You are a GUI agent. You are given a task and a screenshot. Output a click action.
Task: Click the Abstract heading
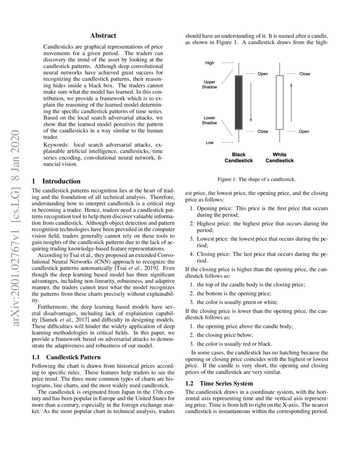[x=103, y=36]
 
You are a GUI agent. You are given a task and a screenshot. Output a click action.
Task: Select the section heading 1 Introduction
[x=56, y=181]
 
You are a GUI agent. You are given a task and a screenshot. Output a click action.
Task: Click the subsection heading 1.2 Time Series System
[x=219, y=383]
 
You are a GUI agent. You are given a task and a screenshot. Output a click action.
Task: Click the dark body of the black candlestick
[x=238, y=102]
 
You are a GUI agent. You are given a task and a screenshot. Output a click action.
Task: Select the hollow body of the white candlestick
[x=280, y=102]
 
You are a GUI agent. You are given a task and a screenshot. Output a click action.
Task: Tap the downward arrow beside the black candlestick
[x=251, y=102]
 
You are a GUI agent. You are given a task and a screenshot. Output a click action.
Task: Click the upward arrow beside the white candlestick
[x=291, y=102]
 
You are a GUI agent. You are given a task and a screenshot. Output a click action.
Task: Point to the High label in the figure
[x=210, y=63]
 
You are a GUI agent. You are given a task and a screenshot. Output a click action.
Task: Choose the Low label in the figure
[x=210, y=143]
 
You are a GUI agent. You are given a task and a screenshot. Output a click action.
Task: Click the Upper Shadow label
[x=210, y=84]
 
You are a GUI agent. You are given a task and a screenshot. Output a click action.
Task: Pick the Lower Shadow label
[x=210, y=120]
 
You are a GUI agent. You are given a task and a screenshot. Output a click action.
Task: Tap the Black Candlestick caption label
[x=238, y=158]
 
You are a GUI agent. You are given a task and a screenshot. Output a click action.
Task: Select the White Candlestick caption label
[x=280, y=158]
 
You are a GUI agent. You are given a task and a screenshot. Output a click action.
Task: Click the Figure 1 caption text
[x=257, y=180]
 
